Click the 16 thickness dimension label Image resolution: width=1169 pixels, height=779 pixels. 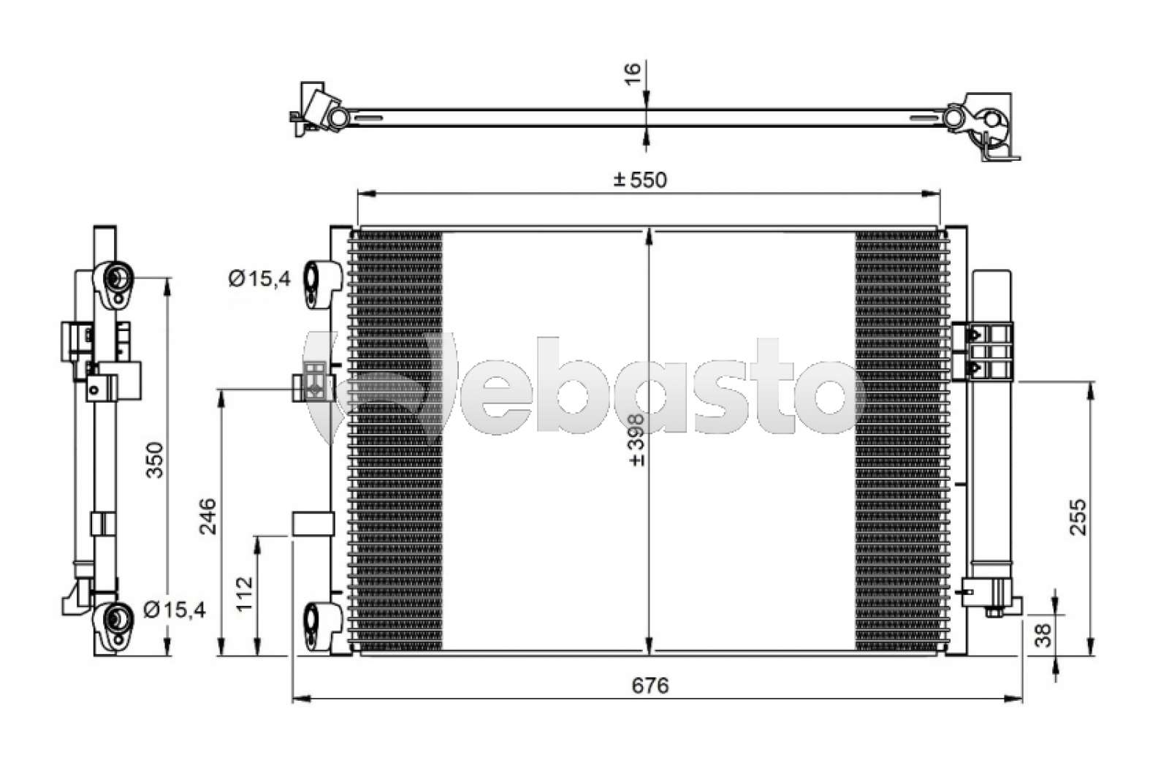pyautogui.click(x=632, y=74)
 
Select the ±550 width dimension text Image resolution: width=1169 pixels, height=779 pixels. pyautogui.click(x=640, y=180)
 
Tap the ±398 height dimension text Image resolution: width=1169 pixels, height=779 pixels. pyautogui.click(x=636, y=440)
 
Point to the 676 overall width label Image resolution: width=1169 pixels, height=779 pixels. pyautogui.click(x=650, y=685)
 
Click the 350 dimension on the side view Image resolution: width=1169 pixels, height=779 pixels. pyautogui.click(x=155, y=460)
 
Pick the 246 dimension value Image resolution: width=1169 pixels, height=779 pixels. pyautogui.click(x=207, y=517)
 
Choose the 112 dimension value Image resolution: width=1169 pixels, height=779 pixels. pyautogui.click(x=244, y=593)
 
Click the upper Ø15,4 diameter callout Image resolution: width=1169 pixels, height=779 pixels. pyautogui.click(x=259, y=279)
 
